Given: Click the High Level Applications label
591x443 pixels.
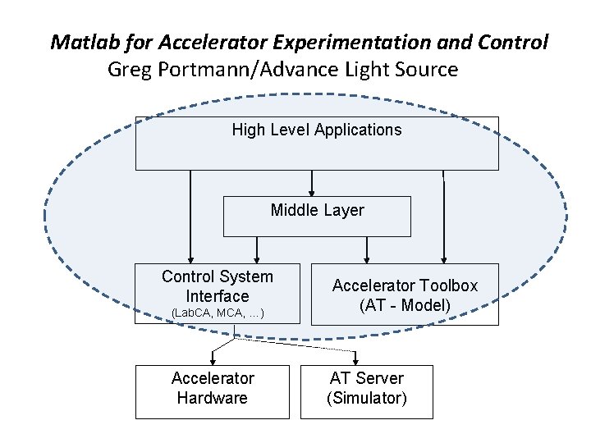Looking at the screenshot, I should click(317, 130).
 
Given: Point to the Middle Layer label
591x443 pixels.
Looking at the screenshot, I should click(317, 210).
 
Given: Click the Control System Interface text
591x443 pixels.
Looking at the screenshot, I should click(217, 286).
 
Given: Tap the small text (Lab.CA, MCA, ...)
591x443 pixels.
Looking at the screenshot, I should click(217, 313).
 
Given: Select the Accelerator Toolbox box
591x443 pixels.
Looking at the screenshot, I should click(404, 295).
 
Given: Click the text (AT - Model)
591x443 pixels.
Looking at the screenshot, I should click(404, 306).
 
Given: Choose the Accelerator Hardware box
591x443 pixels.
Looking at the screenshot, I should click(213, 388).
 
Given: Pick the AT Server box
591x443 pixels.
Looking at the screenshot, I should click(366, 388).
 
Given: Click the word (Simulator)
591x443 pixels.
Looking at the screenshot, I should click(366, 399).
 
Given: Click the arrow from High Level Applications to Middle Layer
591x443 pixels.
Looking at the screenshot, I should click(311, 183).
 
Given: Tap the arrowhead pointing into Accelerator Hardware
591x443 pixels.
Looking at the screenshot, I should click(213, 360).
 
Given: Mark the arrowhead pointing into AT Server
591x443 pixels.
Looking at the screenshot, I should click(356, 360).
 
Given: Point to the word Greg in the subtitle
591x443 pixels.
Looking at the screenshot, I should click(129, 69).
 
